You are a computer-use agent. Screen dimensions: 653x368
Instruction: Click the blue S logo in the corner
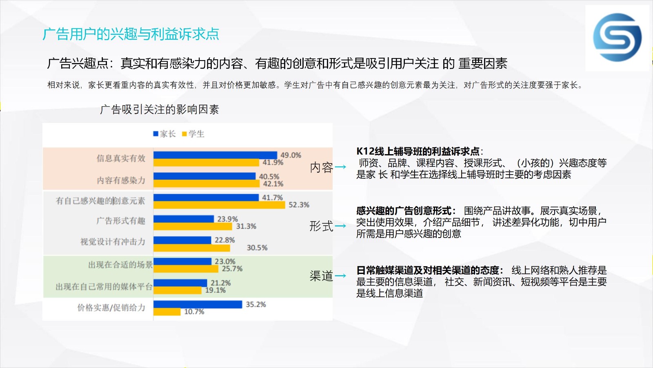tap(617, 37)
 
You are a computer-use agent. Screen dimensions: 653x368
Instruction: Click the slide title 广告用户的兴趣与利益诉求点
tap(131, 34)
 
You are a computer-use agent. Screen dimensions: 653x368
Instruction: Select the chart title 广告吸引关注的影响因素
tap(160, 110)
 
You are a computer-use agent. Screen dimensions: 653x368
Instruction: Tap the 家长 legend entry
tap(164, 134)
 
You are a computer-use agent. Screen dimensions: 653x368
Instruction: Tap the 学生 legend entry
tap(193, 134)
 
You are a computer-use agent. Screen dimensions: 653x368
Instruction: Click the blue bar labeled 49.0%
tap(215, 155)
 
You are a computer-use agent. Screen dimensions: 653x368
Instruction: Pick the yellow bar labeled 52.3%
tap(219, 205)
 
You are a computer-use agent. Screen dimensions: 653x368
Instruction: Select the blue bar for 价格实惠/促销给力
tap(198, 304)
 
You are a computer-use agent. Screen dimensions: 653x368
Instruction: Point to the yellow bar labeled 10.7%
tap(167, 312)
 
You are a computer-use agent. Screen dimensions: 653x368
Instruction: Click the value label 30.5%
tap(257, 248)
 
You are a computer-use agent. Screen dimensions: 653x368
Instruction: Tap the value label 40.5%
tap(269, 177)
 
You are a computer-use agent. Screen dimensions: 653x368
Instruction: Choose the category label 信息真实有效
tap(121, 158)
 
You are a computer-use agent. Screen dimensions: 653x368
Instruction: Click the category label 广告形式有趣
tap(121, 221)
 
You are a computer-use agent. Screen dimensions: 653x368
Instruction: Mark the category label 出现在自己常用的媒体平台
tap(104, 287)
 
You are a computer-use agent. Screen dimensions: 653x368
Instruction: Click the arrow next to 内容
tap(340, 167)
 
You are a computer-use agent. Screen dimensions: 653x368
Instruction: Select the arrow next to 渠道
tap(340, 276)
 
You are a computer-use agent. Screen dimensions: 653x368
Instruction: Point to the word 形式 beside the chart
tap(321, 226)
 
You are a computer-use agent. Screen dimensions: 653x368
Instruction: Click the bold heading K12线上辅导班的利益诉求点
tap(418, 151)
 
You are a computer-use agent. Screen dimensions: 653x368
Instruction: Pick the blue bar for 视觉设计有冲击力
tap(182, 240)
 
